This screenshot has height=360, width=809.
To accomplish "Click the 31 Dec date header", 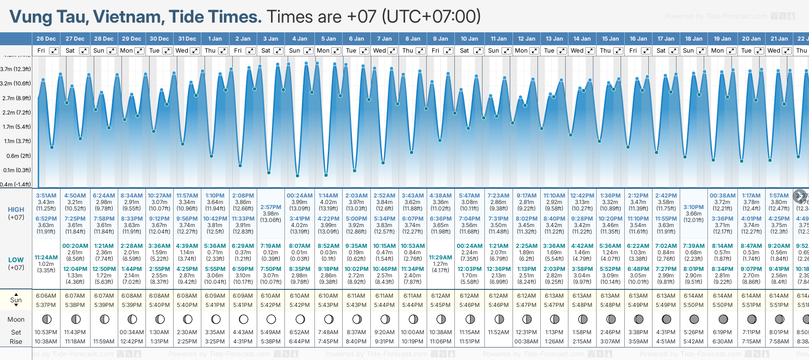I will (187, 39).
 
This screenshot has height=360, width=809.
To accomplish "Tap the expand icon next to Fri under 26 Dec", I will (54, 51).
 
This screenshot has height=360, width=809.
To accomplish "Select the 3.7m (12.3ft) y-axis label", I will (15, 69).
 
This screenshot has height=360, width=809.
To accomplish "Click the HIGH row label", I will (16, 210).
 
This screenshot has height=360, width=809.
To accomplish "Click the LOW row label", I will (16, 260).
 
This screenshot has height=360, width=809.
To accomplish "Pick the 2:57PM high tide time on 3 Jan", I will (271, 207).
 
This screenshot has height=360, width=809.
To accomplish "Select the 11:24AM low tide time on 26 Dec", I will (46, 258).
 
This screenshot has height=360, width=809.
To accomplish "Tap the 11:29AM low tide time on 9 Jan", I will (441, 258).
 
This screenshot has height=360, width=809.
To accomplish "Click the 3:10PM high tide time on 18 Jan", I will (694, 207).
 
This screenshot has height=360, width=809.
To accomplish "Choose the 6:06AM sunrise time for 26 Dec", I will (46, 296).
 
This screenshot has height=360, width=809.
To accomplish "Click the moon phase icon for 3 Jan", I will (271, 319).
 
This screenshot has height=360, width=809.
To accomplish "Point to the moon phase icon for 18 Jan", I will (694, 319).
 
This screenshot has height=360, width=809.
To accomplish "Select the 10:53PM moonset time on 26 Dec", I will (46, 332).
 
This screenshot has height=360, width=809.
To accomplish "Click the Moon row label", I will (16, 319).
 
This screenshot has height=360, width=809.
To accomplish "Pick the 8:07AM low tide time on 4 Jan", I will (300, 246).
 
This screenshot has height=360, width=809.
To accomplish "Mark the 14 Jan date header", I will (582, 39).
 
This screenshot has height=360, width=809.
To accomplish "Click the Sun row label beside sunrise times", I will (16, 300).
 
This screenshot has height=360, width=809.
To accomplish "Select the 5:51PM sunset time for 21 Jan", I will (779, 305).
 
